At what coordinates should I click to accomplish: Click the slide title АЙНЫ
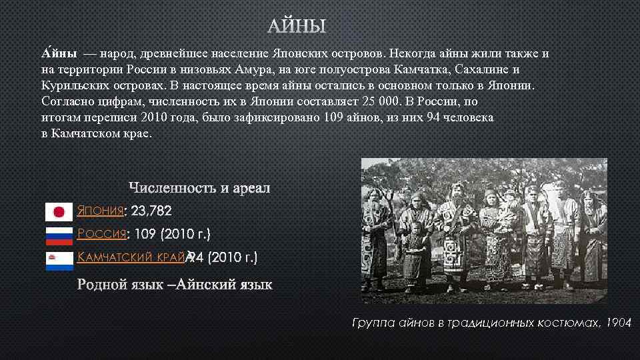pyautogui.click(x=297, y=27)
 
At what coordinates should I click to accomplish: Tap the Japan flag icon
pyautogui.click(x=59, y=212)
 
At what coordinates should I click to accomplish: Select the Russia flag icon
pyautogui.click(x=59, y=235)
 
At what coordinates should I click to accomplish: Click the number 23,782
pyautogui.click(x=152, y=211)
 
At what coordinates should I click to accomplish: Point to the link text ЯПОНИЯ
pyautogui.click(x=101, y=211)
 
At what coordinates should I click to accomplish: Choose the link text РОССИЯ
pyautogui.click(x=102, y=234)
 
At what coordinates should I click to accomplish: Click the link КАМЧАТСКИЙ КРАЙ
pyautogui.click(x=132, y=257)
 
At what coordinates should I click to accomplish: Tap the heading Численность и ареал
pyautogui.click(x=199, y=188)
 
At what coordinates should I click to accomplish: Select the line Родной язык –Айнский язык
pyautogui.click(x=185, y=285)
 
